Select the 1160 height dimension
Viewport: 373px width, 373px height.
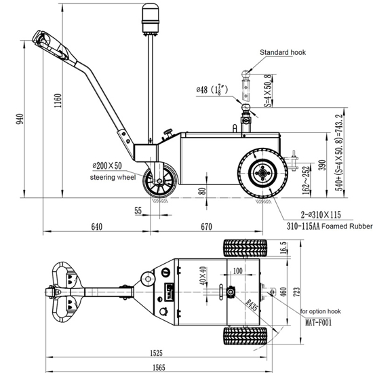tap(58, 102)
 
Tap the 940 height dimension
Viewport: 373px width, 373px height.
tap(21, 119)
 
